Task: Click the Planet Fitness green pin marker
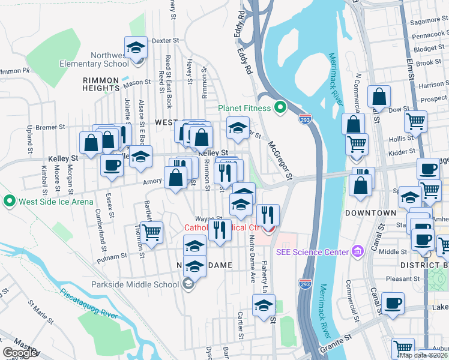279,109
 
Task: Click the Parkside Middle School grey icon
188,284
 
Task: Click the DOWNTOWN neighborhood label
371,213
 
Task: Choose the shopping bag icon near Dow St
379,96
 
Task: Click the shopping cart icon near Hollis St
415,121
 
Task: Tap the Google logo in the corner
19,353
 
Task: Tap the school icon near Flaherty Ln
264,305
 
